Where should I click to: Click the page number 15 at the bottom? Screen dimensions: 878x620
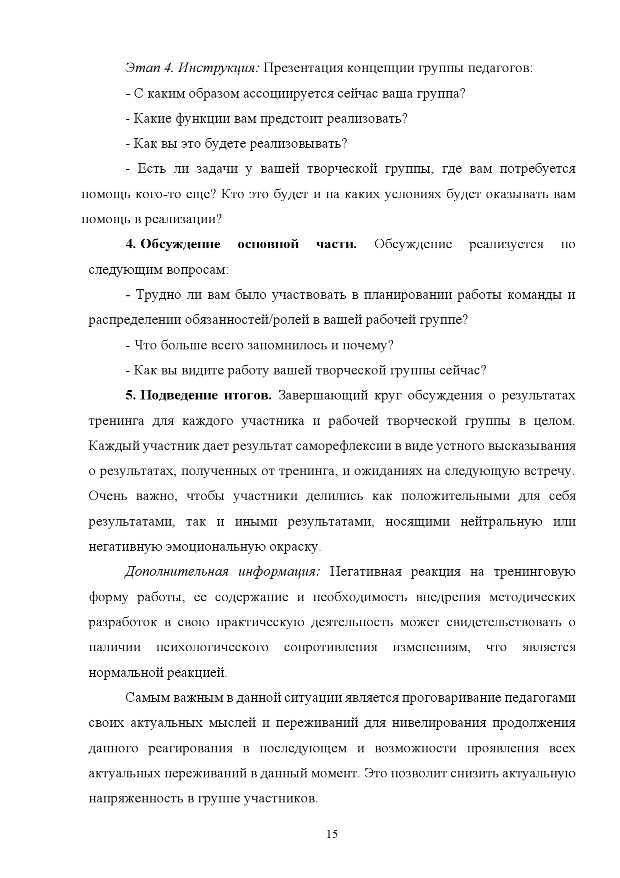point(332,834)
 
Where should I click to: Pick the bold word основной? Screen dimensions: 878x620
point(268,244)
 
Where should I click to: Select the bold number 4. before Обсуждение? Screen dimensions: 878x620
point(130,244)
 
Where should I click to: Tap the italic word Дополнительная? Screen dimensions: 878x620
point(176,572)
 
